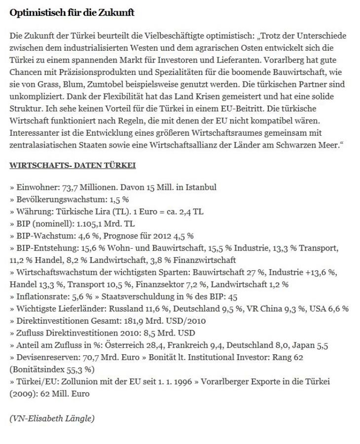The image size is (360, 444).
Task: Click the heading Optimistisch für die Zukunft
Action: pyautogui.click(x=72, y=13)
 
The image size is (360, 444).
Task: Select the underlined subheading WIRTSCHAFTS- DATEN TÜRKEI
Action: pyautogui.click(x=72, y=165)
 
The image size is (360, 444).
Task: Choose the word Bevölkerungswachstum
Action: pyautogui.click(x=60, y=199)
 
